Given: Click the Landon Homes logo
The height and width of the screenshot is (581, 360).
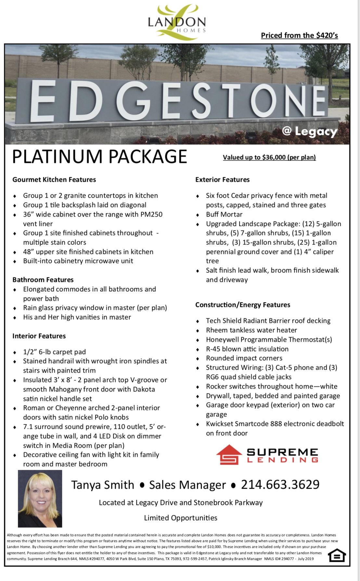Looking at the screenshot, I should (177, 22).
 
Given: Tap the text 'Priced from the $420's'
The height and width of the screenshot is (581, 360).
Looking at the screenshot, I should (299, 35).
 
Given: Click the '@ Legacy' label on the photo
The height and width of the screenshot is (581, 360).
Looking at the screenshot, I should (309, 132).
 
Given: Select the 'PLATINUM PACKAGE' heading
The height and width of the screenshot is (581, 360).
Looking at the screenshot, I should (99, 157).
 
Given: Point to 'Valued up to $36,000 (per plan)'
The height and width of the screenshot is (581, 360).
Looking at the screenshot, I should (269, 157).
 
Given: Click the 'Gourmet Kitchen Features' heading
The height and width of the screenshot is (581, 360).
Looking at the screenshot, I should (54, 179).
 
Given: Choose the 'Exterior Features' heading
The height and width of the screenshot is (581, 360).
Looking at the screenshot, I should (222, 179).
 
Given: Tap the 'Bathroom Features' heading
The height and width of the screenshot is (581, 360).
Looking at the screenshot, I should (43, 280).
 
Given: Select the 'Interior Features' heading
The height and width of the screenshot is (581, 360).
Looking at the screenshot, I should (39, 336).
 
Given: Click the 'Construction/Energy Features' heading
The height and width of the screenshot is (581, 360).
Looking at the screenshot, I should (242, 305).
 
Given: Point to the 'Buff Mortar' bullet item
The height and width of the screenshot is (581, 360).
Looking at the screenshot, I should (224, 214).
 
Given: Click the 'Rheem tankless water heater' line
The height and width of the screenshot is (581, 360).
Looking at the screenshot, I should (251, 330).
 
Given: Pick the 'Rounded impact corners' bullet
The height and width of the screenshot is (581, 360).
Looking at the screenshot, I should (244, 358).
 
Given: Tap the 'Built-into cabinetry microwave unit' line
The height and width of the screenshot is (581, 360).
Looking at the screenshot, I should (78, 261).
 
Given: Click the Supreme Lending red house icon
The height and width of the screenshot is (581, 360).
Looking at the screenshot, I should (229, 455).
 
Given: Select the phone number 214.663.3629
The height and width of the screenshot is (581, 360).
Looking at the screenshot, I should (280, 484).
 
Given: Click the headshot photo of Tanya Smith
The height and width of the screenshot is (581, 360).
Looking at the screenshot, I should (40, 498).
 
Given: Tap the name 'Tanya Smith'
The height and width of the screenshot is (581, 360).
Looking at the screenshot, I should (103, 485).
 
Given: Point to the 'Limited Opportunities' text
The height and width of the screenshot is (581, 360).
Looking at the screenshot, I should (181, 518).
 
